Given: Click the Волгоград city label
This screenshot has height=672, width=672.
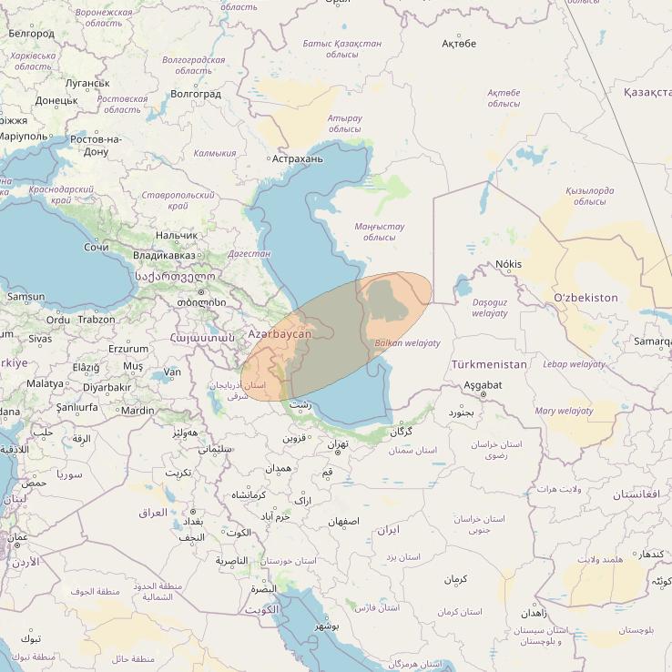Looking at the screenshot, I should click(x=196, y=94).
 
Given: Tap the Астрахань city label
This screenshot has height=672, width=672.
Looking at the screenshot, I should click(x=298, y=158).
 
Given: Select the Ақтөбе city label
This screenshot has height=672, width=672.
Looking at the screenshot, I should click(x=459, y=43).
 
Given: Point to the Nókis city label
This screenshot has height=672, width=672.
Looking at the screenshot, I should click(x=509, y=264).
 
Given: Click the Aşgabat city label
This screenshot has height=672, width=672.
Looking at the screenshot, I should click(x=483, y=385).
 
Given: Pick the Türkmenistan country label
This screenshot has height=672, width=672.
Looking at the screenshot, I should click(x=489, y=364).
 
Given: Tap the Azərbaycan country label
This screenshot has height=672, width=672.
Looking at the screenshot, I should click(x=280, y=334).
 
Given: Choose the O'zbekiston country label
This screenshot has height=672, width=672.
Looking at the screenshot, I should click(x=585, y=298).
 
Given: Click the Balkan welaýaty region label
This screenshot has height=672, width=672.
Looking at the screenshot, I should click(x=407, y=343).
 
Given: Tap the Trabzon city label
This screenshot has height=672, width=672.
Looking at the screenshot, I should click(x=97, y=320).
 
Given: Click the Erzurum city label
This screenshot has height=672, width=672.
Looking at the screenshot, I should click(x=127, y=349).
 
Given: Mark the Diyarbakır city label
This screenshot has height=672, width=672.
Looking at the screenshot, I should click(x=107, y=387).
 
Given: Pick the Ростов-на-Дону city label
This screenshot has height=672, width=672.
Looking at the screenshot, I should click(x=97, y=145).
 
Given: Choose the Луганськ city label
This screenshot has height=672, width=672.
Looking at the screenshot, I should click(x=87, y=82).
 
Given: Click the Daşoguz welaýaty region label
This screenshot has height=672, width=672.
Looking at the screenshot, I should click(x=491, y=307).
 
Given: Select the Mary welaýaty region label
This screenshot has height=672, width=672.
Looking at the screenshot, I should click(x=565, y=411).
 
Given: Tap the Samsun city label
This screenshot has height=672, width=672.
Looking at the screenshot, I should click(x=25, y=296).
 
